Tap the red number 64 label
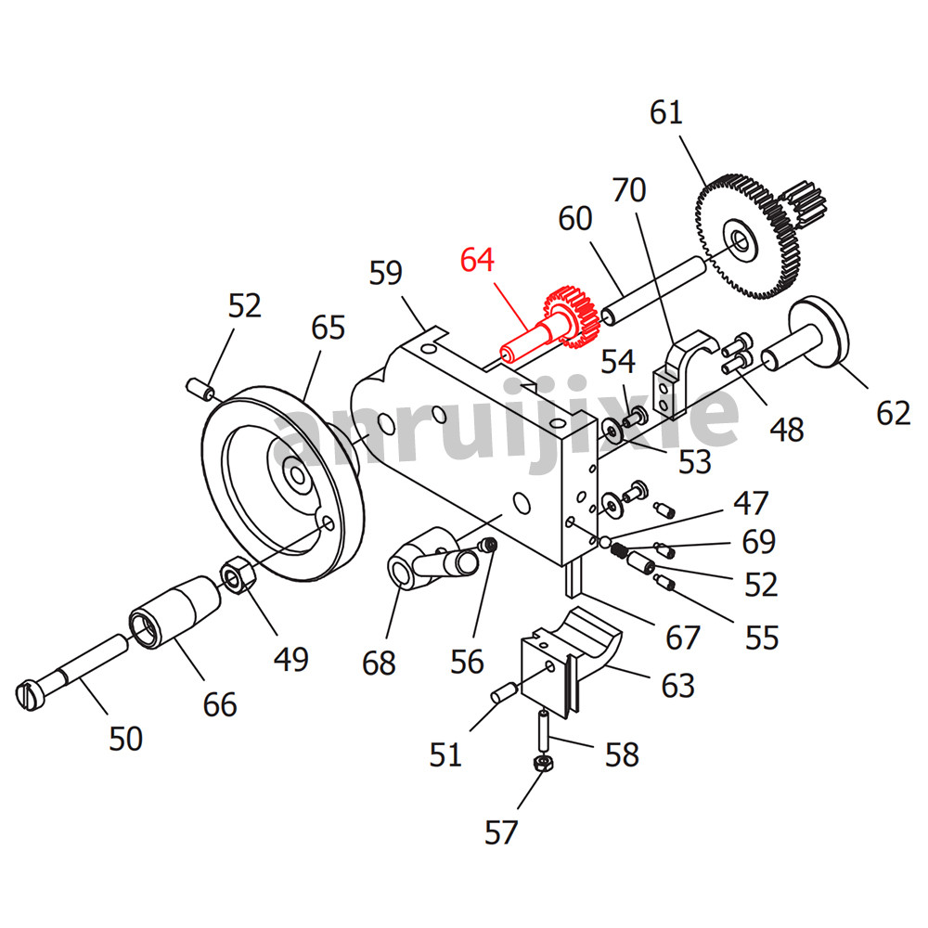coord(478,259)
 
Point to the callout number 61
coord(666,112)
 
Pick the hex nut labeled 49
coord(238,577)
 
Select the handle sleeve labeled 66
coord(176,612)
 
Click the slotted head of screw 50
coord(31,693)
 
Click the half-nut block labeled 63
coord(566,659)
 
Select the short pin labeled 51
coord(504,691)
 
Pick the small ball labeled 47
coord(604,541)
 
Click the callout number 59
coord(385,274)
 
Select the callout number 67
coord(683,638)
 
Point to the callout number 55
coord(760,638)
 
